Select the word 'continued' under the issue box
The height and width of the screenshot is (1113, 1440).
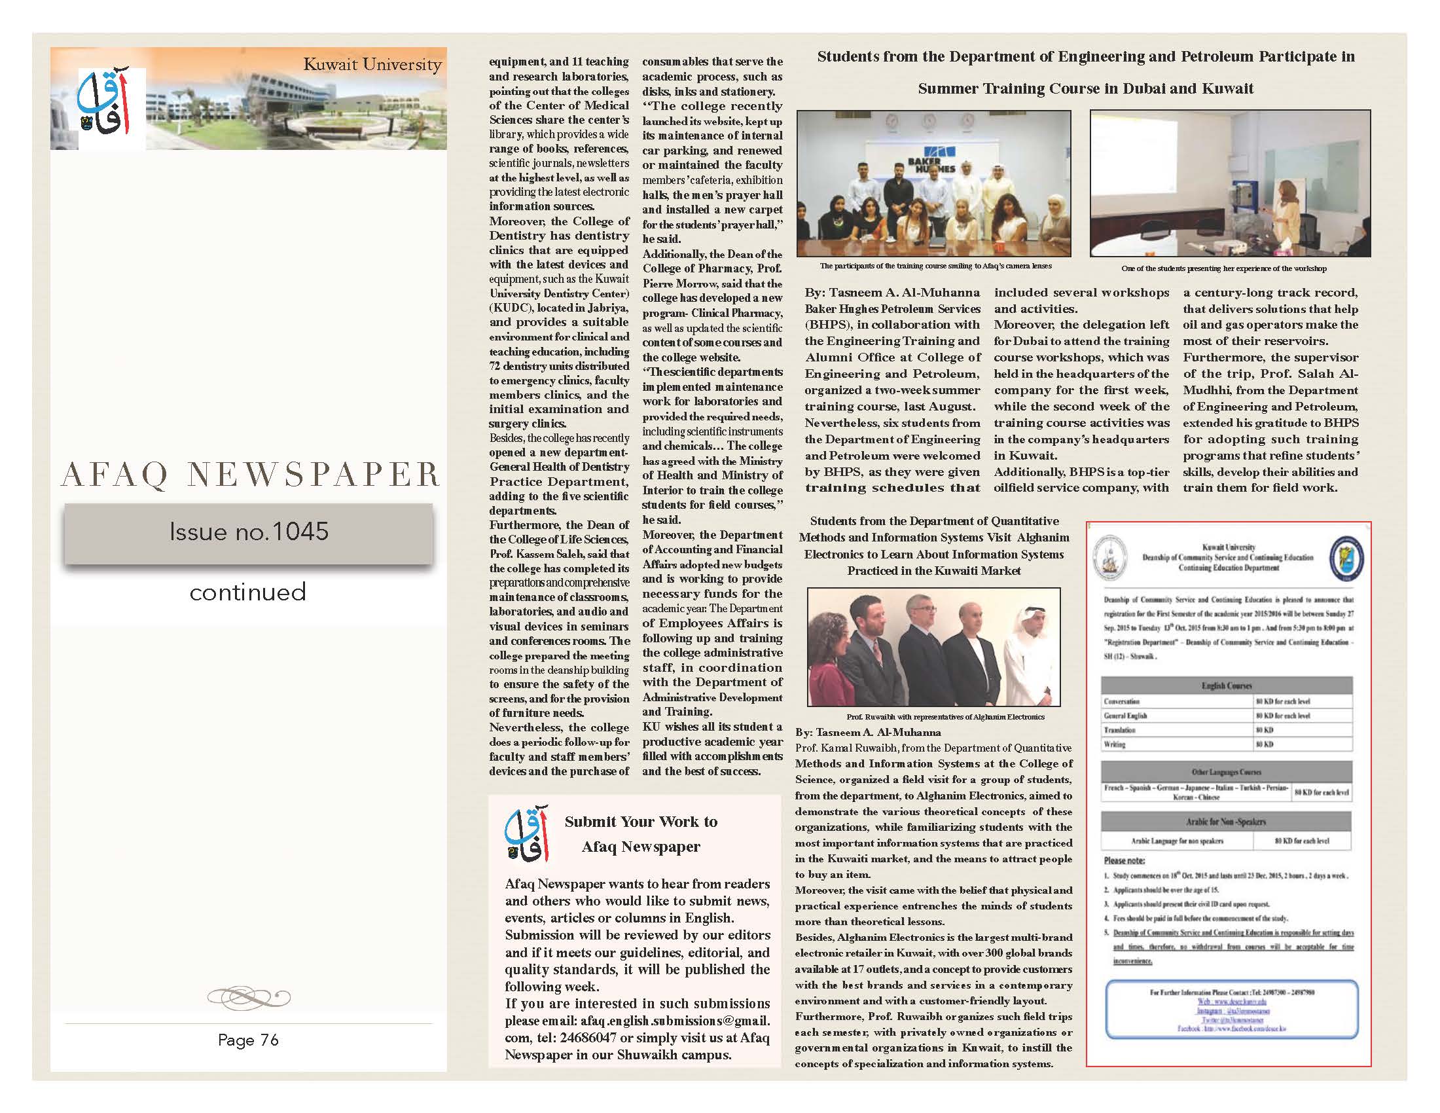click(x=248, y=592)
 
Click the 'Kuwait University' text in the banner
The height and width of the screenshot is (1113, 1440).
click(x=372, y=65)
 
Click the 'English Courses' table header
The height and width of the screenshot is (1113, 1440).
click(x=1227, y=685)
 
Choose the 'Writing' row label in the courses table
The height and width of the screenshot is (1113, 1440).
click(x=1114, y=744)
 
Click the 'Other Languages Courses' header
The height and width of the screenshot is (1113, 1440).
click(x=1227, y=772)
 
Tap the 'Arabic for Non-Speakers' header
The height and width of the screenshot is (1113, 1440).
click(x=1227, y=822)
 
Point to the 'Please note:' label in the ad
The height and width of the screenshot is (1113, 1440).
click(x=1125, y=860)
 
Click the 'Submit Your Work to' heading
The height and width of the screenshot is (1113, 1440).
click(x=641, y=822)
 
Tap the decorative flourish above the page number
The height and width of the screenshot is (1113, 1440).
click(x=249, y=996)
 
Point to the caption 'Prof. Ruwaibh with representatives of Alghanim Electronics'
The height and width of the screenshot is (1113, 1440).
click(x=946, y=717)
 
